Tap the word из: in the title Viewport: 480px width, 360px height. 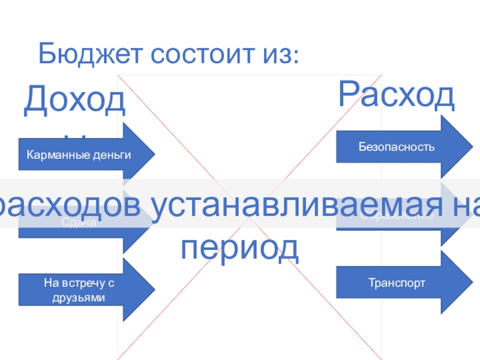click(278, 55)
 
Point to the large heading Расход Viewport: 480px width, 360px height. click(396, 93)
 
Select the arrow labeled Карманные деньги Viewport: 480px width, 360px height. click(84, 155)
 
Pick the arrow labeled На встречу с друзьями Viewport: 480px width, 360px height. click(84, 290)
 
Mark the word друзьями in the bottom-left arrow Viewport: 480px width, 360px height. click(79, 298)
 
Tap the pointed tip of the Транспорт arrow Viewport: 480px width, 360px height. click(472, 282)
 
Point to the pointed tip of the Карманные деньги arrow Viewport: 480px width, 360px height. click(155, 155)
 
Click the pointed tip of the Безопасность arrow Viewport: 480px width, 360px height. click(472, 146)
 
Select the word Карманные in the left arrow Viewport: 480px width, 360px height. click(60, 155)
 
